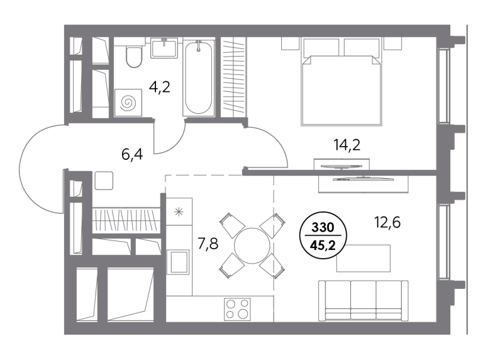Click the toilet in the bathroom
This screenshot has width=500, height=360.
134,57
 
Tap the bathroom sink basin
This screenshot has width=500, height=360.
164,48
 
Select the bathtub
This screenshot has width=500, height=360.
198,77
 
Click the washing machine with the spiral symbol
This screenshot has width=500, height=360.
128,103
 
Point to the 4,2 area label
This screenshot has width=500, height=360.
160,87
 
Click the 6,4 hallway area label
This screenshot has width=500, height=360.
132,154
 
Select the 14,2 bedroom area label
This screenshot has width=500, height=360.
347,145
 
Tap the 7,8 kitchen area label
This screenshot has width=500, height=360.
208,244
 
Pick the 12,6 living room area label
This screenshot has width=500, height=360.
387,222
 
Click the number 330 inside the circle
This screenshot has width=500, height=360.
323,228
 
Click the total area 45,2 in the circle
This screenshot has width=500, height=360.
323,245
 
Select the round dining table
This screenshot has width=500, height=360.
252,245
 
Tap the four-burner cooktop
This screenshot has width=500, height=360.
237,309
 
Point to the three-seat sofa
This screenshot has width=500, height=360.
364,301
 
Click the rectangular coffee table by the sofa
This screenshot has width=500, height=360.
364,258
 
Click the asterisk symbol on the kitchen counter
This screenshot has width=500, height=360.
179,211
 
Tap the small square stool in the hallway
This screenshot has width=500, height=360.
104,181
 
